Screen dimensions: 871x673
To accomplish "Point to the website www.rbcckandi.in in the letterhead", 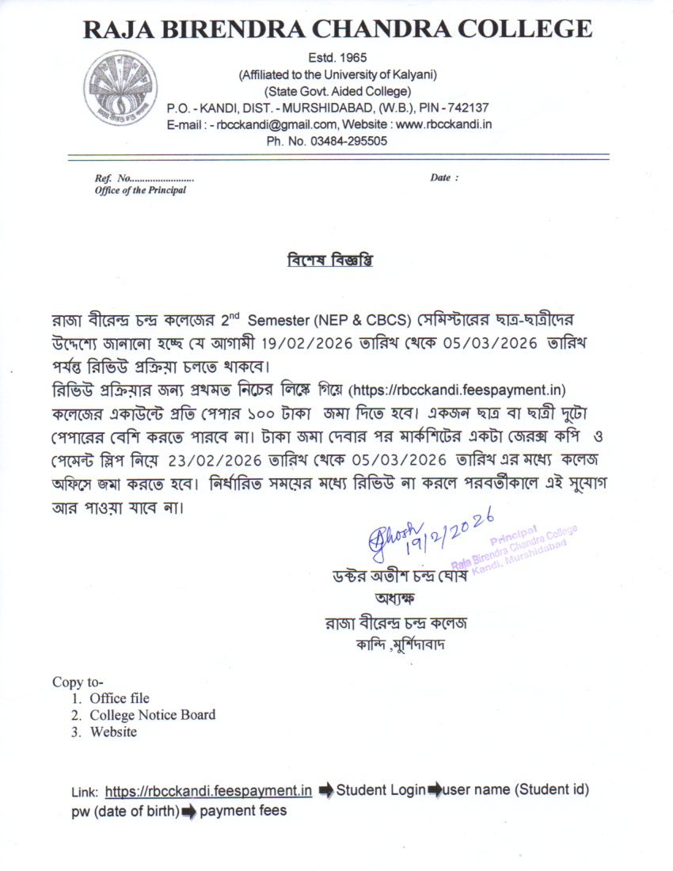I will click(444, 124).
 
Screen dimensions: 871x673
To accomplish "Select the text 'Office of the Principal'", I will click(140, 191).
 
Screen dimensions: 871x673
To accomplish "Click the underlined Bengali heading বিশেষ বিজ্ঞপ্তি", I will click(329, 260).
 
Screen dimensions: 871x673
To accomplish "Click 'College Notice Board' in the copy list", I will click(152, 715).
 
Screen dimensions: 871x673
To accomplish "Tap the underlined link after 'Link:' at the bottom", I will click(208, 790).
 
